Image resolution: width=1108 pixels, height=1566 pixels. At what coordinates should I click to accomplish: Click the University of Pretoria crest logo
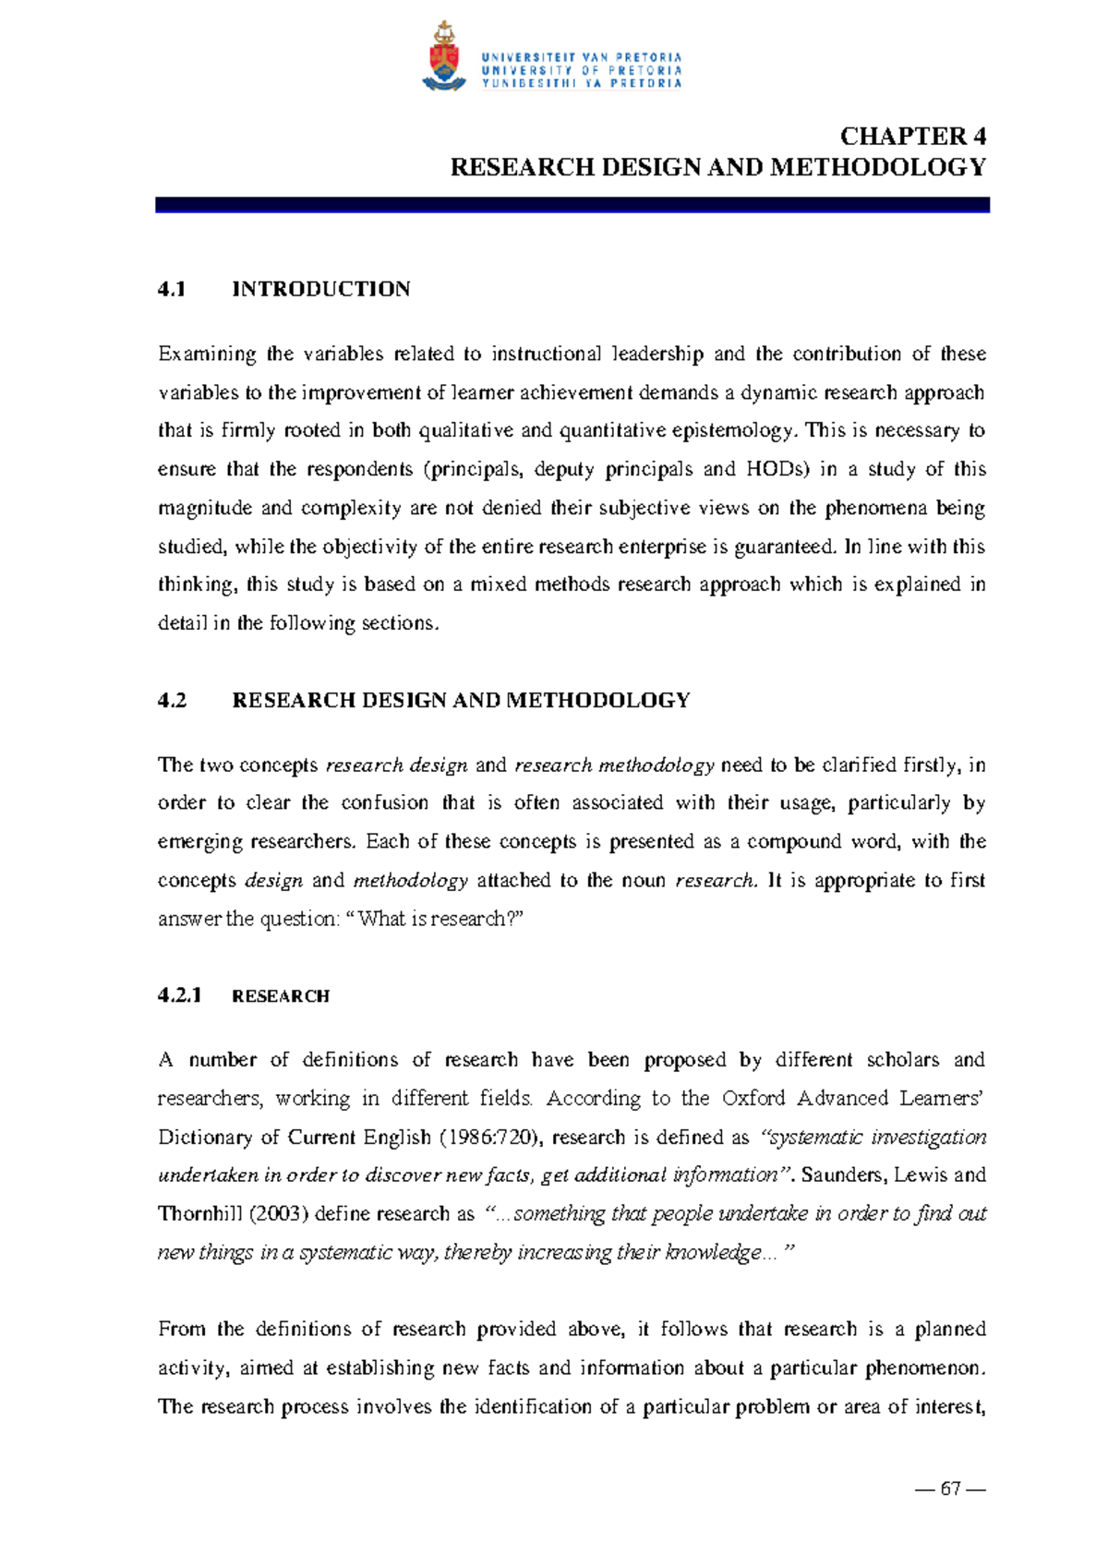pos(444,56)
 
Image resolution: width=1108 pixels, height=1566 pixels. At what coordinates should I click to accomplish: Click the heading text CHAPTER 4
pos(912,137)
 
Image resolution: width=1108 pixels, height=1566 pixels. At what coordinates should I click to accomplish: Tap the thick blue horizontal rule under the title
pos(572,205)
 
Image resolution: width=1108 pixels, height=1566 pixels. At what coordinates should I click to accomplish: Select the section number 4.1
pos(172,289)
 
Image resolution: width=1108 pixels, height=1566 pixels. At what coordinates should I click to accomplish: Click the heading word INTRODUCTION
pos(320,289)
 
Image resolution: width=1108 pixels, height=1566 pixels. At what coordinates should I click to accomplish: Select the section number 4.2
pos(172,700)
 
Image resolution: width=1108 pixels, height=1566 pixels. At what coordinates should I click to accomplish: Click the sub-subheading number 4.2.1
pos(179,995)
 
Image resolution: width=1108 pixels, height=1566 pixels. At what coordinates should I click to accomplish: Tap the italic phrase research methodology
pos(614,765)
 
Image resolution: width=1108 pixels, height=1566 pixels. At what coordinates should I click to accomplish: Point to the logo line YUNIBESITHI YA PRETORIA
pos(581,83)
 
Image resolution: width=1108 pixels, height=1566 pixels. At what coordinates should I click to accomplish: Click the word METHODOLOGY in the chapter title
pos(877,167)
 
